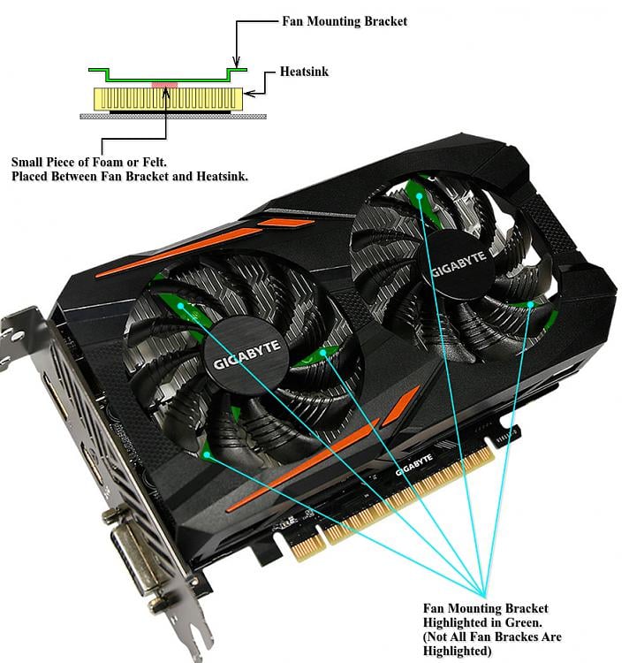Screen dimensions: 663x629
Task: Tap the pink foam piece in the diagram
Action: [x=165, y=85]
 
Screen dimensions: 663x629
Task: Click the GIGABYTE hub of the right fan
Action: [x=458, y=267]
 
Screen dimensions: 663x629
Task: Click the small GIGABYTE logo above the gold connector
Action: [x=413, y=464]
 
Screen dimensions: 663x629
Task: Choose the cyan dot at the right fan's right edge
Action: [x=531, y=305]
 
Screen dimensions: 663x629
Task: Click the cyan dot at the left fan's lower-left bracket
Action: [x=207, y=454]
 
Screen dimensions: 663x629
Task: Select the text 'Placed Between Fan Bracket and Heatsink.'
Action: [x=129, y=177]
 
